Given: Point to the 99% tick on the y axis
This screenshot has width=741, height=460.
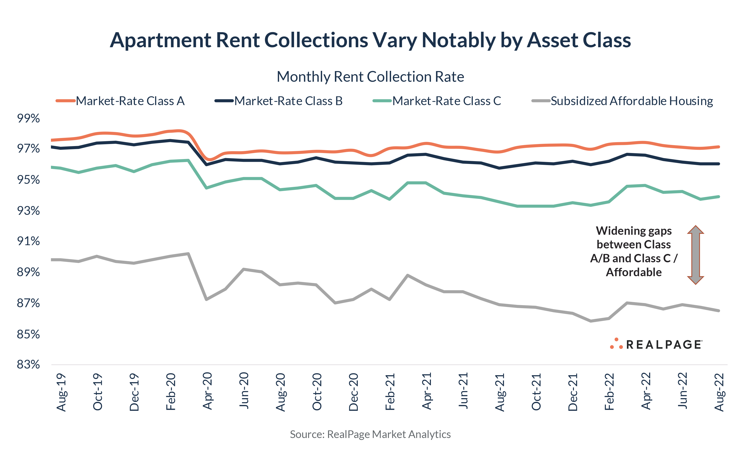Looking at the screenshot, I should tap(28, 118).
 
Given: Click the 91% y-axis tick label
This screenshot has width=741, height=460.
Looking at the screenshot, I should tap(28, 241).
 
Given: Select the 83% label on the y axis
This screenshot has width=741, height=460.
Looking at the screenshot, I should tap(28, 364).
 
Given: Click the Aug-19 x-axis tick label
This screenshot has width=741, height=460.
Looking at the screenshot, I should tap(61, 392).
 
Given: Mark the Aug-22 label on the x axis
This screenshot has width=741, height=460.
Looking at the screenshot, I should tap(719, 392).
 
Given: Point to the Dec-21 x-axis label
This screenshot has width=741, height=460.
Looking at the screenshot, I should tap(573, 392).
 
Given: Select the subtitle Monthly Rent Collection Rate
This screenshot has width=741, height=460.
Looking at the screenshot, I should tap(370, 77).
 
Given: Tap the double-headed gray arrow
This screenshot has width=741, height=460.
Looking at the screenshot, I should tap(695, 255).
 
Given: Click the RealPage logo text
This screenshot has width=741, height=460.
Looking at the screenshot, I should tap(664, 345).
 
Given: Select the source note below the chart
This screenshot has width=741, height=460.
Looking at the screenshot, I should tap(370, 434).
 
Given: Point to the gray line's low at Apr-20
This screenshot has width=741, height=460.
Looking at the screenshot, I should tap(206, 299).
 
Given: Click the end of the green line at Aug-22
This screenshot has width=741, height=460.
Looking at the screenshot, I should tap(719, 197).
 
